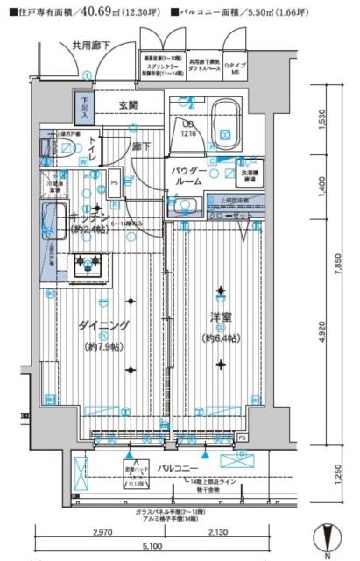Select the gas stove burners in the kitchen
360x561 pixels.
click(88, 261)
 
